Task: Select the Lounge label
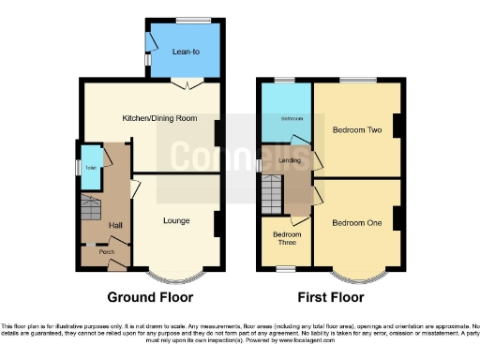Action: (x=176, y=221)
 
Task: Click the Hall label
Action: (x=115, y=225)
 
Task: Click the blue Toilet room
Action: (x=91, y=168)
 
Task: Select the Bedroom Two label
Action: (x=354, y=131)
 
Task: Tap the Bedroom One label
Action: (x=355, y=222)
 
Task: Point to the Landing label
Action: (x=292, y=160)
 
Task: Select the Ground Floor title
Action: (x=150, y=297)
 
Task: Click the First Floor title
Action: (x=330, y=297)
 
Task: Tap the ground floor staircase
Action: (x=91, y=208)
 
